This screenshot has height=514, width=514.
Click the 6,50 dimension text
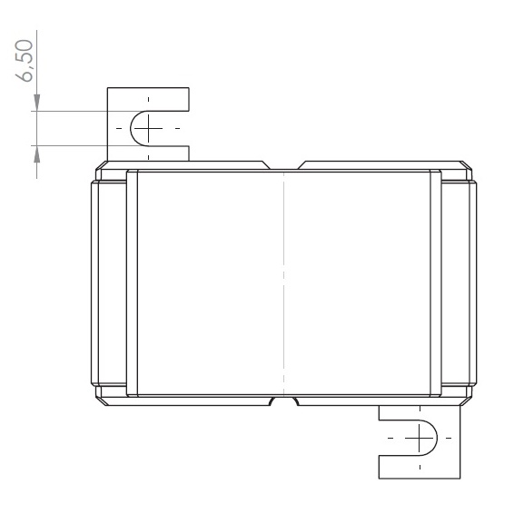pyautogui.click(x=25, y=61)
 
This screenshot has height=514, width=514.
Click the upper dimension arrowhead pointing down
pyautogui.click(x=36, y=103)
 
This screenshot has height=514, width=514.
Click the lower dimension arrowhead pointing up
pyautogui.click(x=36, y=153)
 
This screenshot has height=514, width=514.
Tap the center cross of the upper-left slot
pyautogui.click(x=149, y=128)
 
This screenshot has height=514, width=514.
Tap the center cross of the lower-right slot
pyautogui.click(x=420, y=438)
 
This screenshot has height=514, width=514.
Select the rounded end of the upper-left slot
pyautogui.click(x=131, y=128)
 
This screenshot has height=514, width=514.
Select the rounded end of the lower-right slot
pyautogui.click(x=437, y=438)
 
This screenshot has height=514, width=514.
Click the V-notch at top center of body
pyautogui.click(x=283, y=165)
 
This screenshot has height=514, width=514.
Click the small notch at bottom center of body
pyautogui.click(x=283, y=401)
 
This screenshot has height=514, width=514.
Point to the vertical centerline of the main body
pyautogui.click(x=284, y=283)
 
